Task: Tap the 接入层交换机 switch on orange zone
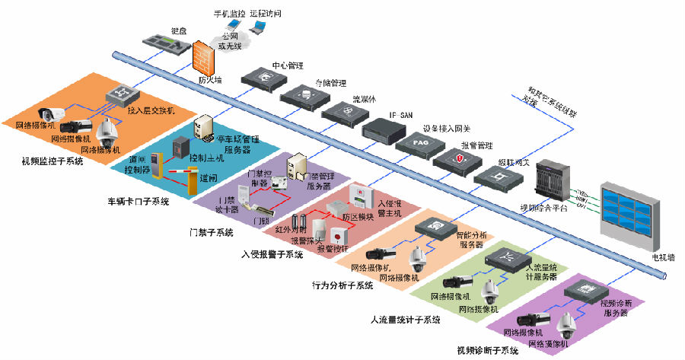click(119, 95)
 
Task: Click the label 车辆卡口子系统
click(138, 202)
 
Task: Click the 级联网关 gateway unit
click(499, 177)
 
